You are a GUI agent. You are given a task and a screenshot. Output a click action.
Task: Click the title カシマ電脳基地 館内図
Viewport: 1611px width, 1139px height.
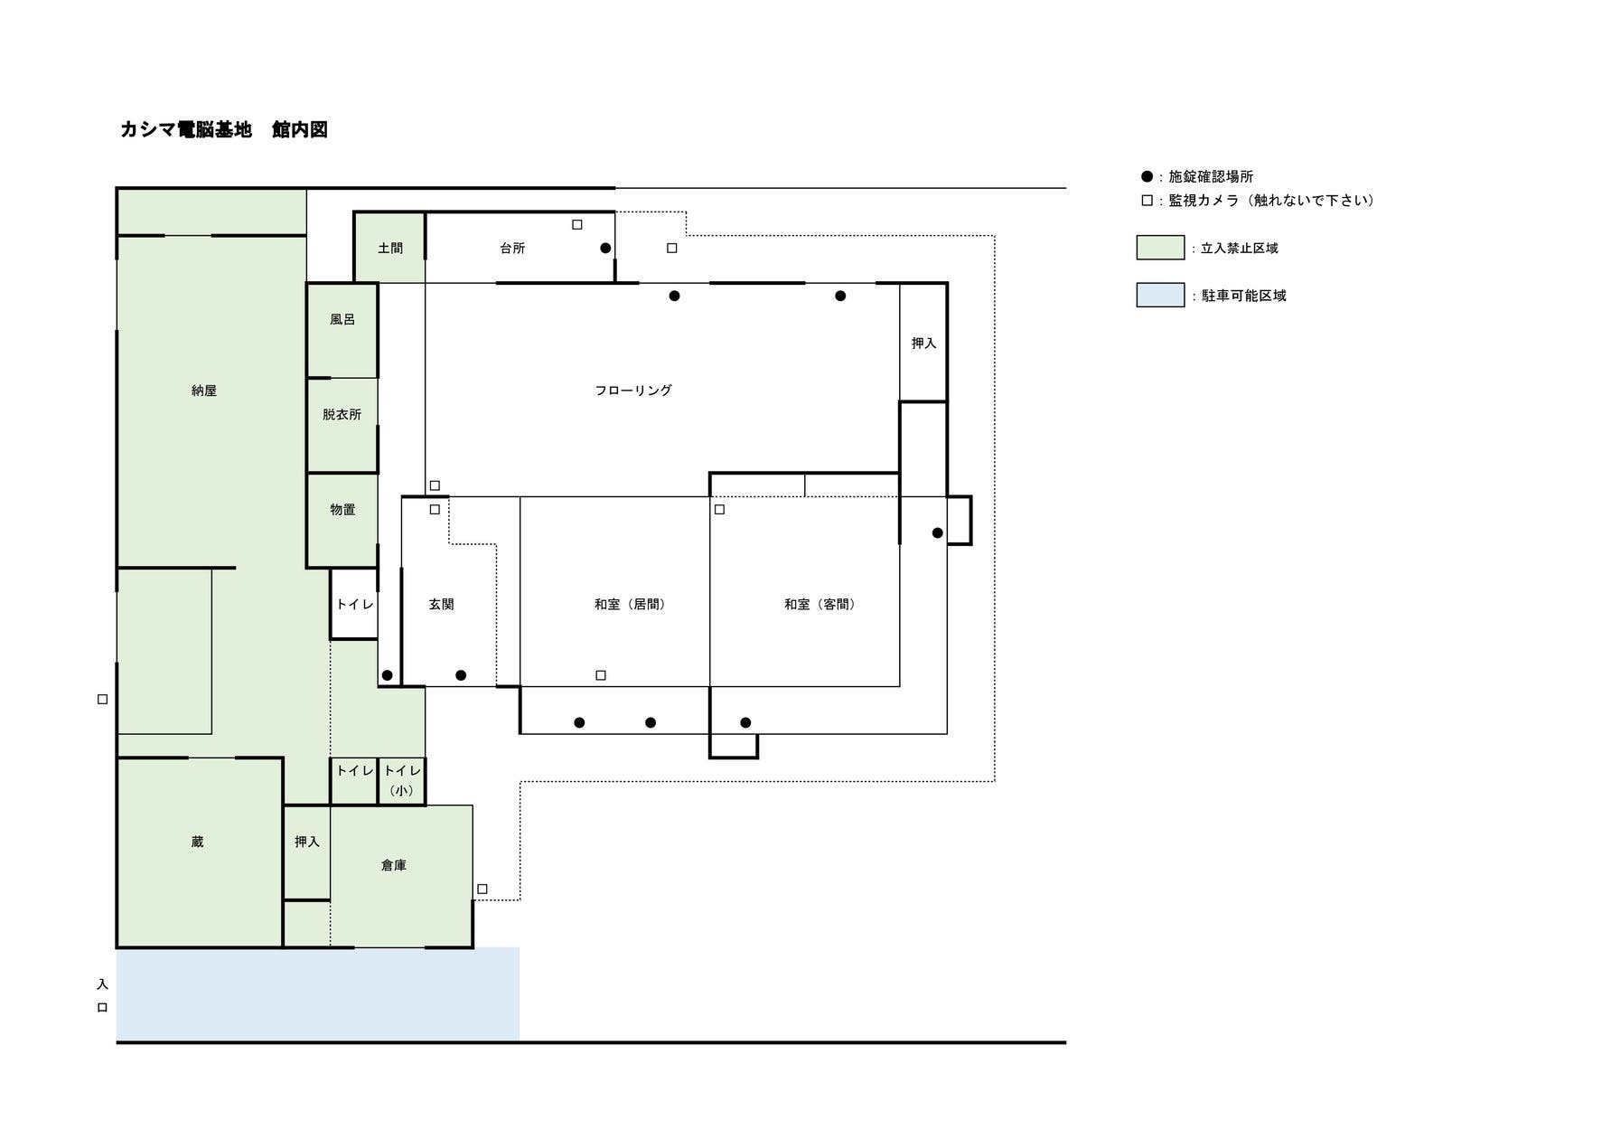[224, 129]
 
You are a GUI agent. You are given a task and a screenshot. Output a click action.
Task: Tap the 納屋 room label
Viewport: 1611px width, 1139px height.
[204, 391]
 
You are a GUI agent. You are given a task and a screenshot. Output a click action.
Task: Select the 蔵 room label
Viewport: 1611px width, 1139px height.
[197, 842]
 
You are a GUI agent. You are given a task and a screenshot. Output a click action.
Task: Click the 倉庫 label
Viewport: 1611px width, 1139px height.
[394, 865]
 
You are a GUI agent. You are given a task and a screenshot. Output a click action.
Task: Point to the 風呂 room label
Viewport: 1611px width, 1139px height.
[342, 319]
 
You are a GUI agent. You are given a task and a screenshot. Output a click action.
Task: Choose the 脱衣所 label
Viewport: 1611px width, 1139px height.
[342, 414]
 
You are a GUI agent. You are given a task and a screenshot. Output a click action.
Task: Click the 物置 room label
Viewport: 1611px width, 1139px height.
[342, 509]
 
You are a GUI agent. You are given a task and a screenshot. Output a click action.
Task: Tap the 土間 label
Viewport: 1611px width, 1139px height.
[390, 248]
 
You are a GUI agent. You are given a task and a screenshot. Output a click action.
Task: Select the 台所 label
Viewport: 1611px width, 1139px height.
[512, 248]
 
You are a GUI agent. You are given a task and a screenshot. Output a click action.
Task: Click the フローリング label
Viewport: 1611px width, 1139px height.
[633, 391]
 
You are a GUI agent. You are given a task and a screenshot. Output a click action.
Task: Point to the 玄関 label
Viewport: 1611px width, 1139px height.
[441, 604]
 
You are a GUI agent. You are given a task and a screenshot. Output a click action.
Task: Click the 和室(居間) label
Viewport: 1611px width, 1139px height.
[630, 604]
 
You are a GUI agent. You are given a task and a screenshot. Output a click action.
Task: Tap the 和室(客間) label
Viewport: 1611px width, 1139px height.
[820, 604]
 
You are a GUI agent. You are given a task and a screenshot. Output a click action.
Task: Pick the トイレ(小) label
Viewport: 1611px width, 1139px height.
[402, 780]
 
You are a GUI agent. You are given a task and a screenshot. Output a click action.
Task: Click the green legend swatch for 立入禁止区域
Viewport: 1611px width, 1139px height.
[1160, 248]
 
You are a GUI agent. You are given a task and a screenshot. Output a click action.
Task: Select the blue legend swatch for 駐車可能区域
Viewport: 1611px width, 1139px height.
[1160, 295]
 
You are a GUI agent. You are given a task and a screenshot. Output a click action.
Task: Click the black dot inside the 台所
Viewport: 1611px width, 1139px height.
[605, 248]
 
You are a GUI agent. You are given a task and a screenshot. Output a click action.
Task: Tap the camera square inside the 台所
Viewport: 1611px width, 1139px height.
[577, 224]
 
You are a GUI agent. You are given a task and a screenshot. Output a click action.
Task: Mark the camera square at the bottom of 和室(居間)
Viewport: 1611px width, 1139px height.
[601, 675]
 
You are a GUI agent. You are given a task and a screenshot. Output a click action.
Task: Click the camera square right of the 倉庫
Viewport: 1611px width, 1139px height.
[482, 889]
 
